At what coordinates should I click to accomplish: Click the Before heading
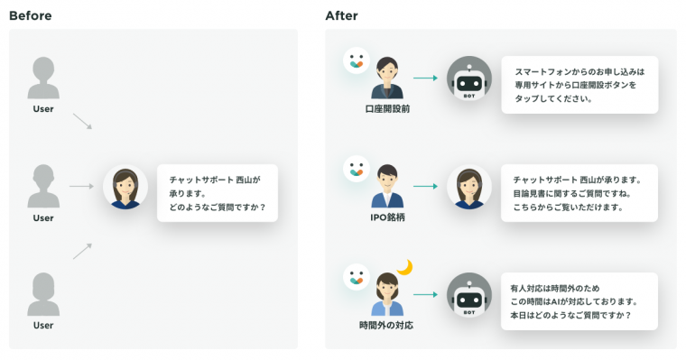(30, 15)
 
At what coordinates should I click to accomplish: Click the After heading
(342, 15)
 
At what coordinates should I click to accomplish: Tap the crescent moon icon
(405, 267)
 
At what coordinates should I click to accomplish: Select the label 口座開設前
(387, 109)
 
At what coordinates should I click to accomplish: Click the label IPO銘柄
(387, 217)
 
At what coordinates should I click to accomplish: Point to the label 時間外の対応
(386, 326)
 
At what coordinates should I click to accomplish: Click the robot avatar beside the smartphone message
(469, 78)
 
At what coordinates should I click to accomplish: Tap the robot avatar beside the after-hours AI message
(469, 295)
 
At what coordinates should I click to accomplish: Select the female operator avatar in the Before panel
(125, 187)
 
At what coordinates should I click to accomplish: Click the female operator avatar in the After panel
(469, 187)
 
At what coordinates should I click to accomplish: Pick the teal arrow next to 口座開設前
(426, 78)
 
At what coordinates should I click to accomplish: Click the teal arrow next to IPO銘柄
(426, 187)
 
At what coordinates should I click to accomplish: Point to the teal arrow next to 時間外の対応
(426, 294)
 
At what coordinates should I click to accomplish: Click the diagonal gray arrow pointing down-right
(82, 121)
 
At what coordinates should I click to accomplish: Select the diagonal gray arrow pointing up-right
(82, 251)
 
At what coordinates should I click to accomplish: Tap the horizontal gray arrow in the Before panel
(81, 187)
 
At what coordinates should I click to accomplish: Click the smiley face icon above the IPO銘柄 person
(357, 169)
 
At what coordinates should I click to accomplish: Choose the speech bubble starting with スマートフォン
(579, 85)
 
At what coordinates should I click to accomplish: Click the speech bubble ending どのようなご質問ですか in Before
(218, 193)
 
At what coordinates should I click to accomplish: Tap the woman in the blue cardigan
(387, 294)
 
